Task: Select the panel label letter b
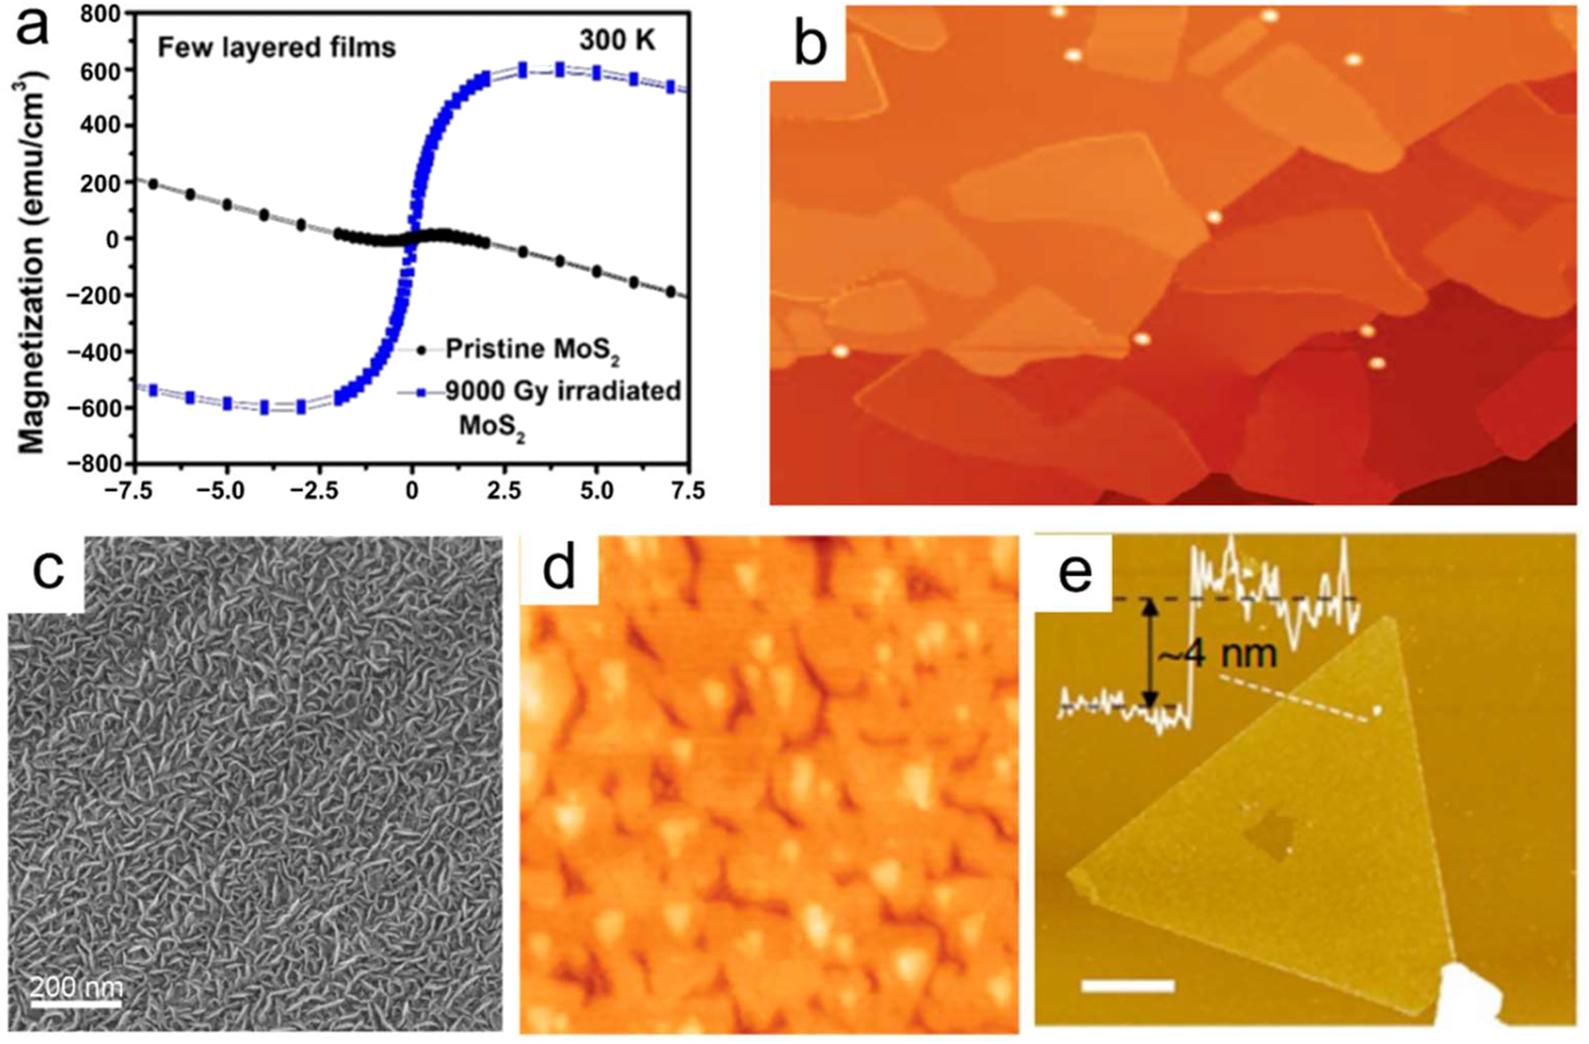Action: coord(809,44)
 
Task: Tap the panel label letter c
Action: coord(48,570)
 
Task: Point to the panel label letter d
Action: coord(559,570)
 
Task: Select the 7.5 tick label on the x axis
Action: coord(687,490)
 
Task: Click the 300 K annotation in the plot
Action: coord(617,40)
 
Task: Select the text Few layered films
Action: coord(276,47)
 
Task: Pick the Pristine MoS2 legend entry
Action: coord(531,350)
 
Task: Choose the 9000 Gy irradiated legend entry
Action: coord(563,392)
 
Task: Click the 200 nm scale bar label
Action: coord(76,986)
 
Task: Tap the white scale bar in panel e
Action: coord(1127,985)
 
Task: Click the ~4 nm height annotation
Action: coord(1218,655)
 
